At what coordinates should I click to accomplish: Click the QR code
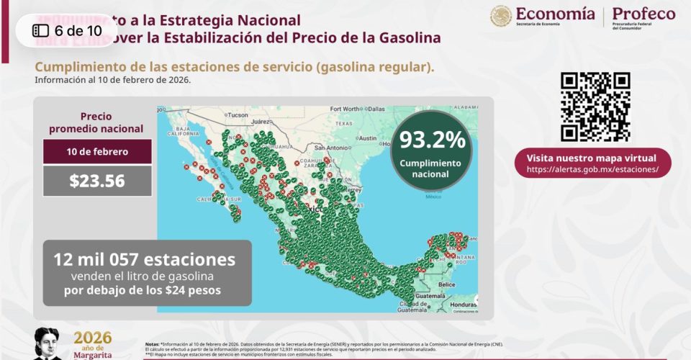(x=595, y=107)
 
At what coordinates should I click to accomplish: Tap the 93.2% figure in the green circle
(x=432, y=139)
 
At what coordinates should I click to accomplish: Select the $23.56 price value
(x=97, y=181)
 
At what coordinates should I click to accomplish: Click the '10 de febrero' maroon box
(x=97, y=152)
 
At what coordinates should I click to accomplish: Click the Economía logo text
(x=554, y=14)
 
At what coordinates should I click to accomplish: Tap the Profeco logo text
(x=643, y=14)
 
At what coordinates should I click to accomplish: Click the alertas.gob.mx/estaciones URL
(x=592, y=169)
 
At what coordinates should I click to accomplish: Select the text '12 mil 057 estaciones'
(x=144, y=259)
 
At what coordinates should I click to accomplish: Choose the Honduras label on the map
(x=464, y=305)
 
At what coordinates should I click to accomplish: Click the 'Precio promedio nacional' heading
(x=97, y=122)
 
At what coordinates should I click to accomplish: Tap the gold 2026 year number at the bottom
(x=93, y=338)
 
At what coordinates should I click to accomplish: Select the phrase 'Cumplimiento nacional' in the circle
(x=432, y=168)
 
